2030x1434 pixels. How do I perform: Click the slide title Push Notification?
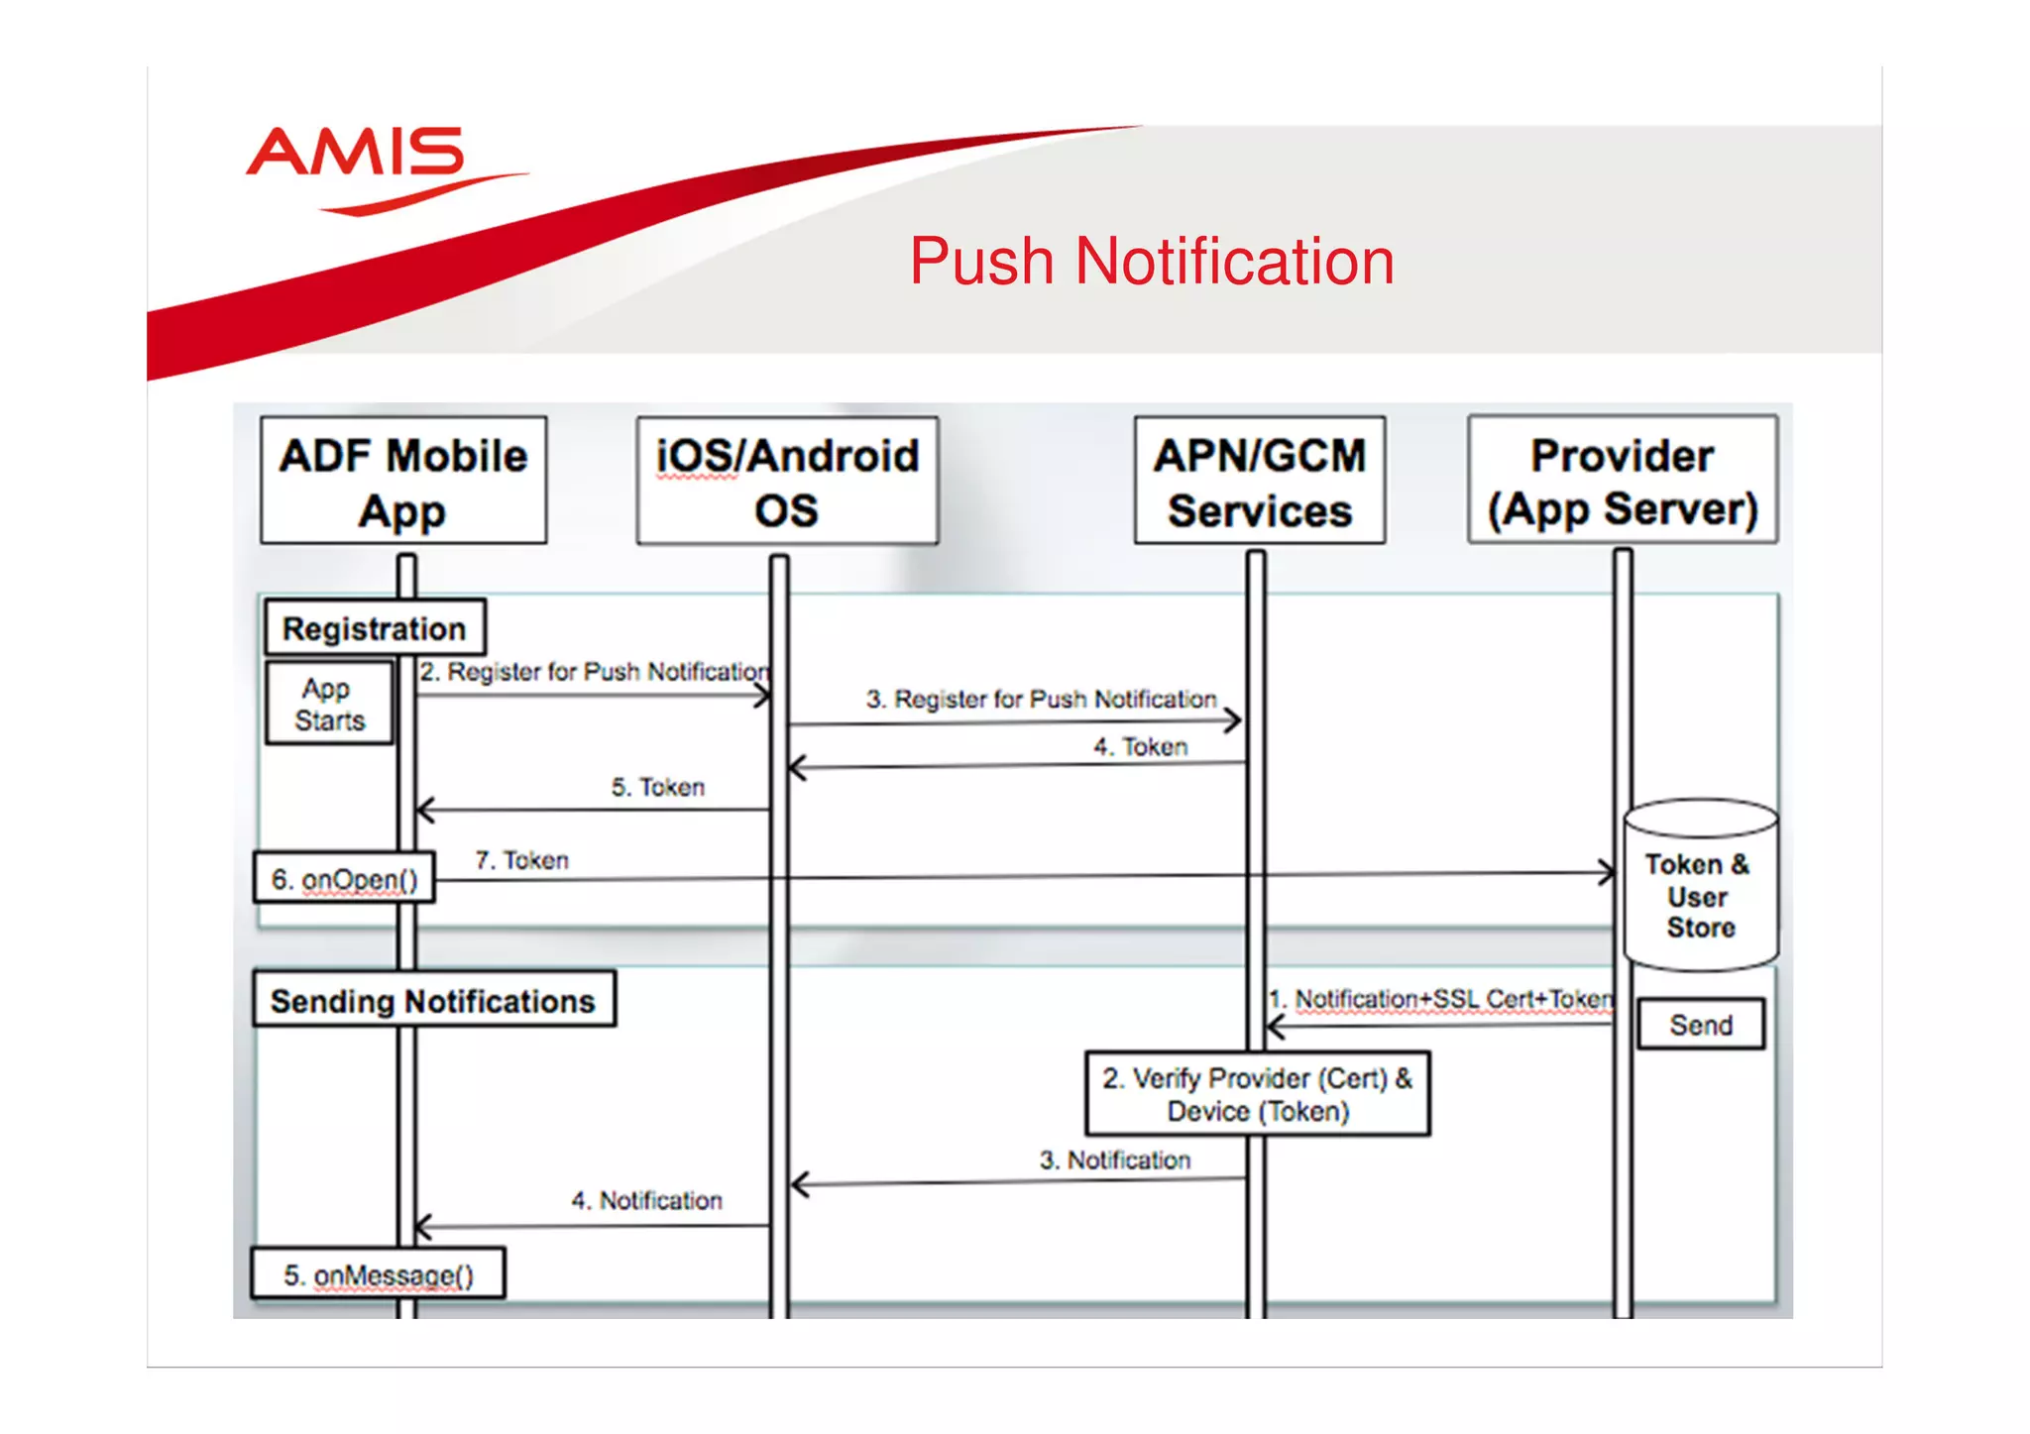click(x=1151, y=262)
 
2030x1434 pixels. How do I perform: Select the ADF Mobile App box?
click(x=403, y=481)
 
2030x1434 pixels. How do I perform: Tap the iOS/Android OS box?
click(x=787, y=481)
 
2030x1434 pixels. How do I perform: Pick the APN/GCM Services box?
click(x=1259, y=481)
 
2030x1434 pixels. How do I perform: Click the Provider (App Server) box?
click(x=1622, y=481)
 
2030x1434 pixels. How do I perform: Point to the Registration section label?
click(x=375, y=628)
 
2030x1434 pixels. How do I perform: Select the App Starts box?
click(x=329, y=704)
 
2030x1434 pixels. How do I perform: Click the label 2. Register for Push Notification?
click(x=593, y=672)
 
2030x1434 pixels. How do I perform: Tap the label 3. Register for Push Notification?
click(x=1041, y=700)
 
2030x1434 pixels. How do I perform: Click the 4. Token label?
click(x=1140, y=747)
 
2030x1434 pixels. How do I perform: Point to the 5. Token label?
click(x=657, y=788)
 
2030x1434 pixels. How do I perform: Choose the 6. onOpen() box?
click(x=344, y=879)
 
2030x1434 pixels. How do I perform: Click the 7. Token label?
click(x=521, y=860)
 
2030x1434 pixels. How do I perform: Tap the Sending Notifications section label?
click(x=433, y=1001)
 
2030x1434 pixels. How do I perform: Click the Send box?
click(x=1700, y=1025)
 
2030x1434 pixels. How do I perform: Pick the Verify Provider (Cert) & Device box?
click(x=1257, y=1094)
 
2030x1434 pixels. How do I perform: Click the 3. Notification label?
click(x=1114, y=1160)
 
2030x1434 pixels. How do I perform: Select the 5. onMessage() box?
click(x=378, y=1274)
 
